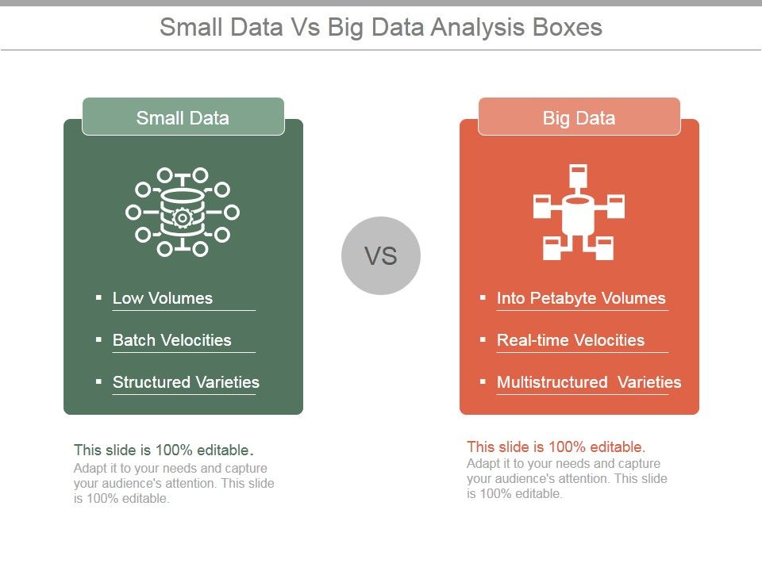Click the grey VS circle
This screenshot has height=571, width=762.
pos(380,255)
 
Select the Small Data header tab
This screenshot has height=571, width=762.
pos(183,117)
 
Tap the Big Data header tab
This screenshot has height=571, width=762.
pos(579,117)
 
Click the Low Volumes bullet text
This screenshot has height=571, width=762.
pos(162,298)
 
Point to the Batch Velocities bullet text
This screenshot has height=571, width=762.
pos(172,340)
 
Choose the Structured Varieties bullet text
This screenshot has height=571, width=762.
pos(186,382)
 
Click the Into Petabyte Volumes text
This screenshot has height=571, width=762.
pos(581,299)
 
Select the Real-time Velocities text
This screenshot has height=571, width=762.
pos(571,340)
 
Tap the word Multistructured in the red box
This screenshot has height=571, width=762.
pos(552,382)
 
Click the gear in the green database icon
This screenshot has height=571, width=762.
pos(183,218)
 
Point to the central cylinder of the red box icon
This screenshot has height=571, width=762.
pos(579,216)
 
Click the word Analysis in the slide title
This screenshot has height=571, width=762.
pos(478,28)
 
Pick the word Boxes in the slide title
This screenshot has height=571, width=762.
pos(568,27)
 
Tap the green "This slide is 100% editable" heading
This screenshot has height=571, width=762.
pos(164,450)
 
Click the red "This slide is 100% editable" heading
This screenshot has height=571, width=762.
pos(556,446)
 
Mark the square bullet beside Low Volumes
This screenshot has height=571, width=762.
pos(98,297)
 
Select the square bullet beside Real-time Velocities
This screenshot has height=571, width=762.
pos(483,340)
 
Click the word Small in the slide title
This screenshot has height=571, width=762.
pos(191,27)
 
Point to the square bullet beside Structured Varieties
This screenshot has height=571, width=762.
pos(98,381)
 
